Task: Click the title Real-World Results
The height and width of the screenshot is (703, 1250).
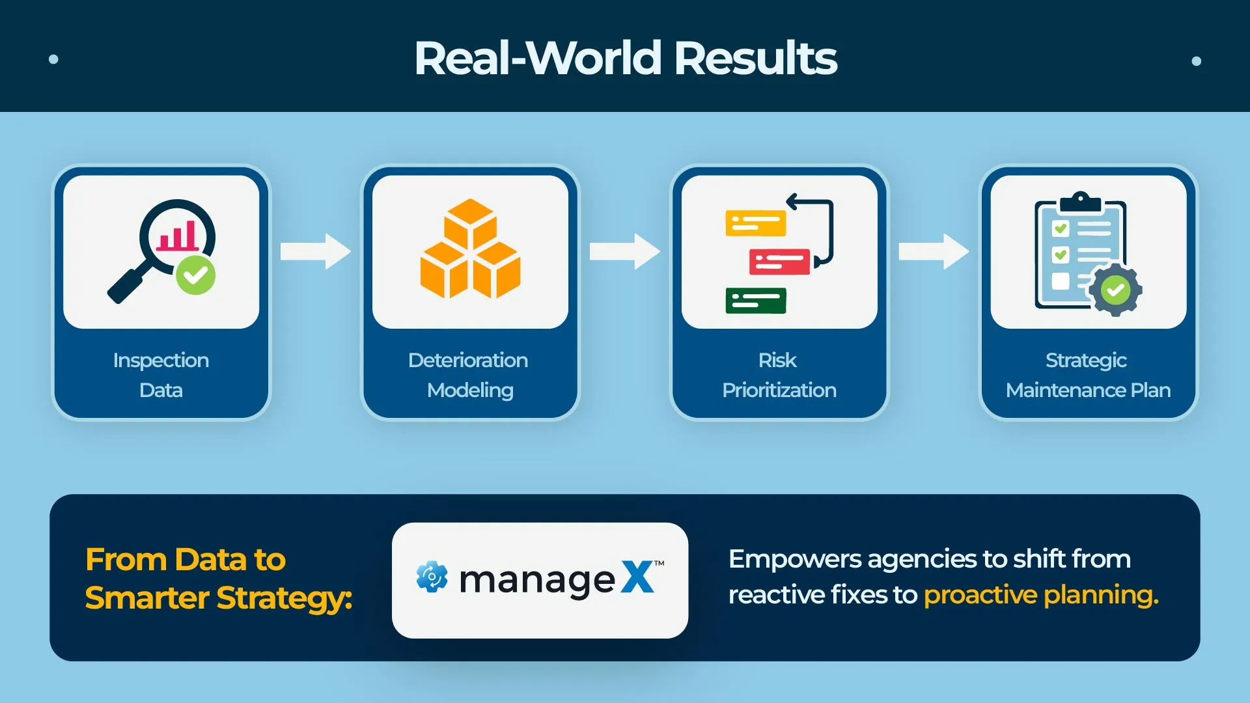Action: (625, 58)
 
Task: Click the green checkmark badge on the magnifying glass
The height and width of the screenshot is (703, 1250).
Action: (195, 275)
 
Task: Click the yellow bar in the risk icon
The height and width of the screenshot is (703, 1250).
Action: (755, 223)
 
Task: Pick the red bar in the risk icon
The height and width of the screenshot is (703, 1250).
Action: (779, 262)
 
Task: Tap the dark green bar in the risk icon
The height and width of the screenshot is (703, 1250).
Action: (755, 300)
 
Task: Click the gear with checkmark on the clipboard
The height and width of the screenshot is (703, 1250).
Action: (1115, 290)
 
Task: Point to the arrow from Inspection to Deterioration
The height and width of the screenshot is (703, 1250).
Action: (315, 251)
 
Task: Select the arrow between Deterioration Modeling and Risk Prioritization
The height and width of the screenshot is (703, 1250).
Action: (624, 251)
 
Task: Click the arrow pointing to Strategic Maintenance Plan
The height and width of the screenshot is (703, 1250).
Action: (933, 251)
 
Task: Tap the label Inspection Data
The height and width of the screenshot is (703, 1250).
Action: (161, 375)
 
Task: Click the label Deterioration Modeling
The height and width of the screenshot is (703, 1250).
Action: (469, 375)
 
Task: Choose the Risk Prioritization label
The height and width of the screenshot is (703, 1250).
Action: (779, 375)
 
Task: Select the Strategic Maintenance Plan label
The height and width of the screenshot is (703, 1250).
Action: (1088, 375)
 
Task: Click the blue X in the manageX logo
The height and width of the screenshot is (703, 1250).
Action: (637, 577)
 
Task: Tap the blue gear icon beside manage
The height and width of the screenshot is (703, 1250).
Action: (432, 577)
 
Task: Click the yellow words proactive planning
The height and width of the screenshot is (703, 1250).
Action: (1040, 595)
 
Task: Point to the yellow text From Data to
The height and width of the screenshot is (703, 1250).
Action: (186, 560)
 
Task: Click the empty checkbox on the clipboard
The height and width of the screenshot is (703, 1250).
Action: (1060, 281)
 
